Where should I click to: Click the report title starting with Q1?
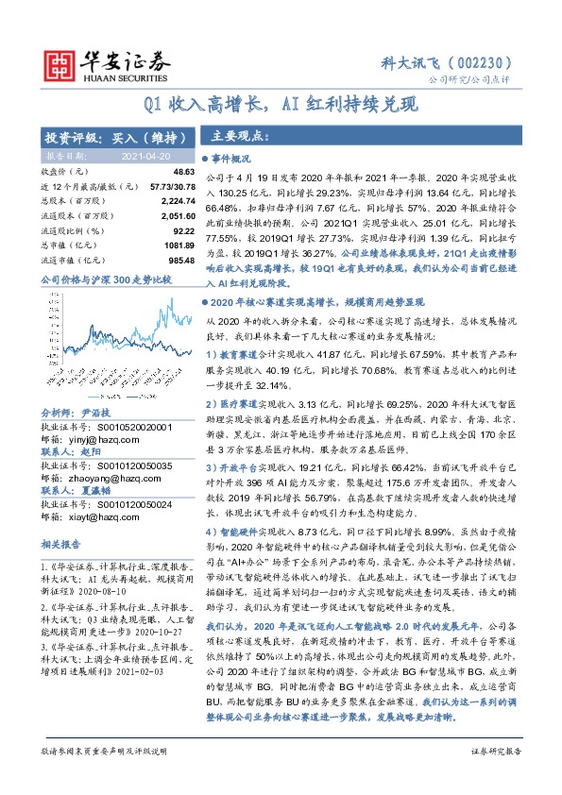281,104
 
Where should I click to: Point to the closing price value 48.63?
183,172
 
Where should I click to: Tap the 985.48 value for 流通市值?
180,258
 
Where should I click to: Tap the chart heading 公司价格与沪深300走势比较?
106,280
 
